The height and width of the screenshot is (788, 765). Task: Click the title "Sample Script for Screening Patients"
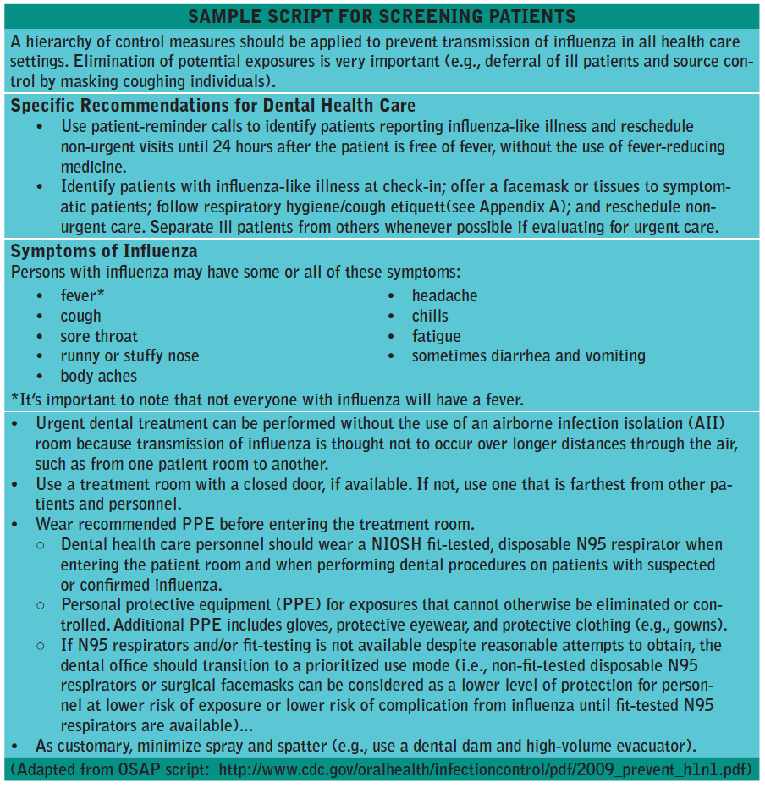tap(382, 16)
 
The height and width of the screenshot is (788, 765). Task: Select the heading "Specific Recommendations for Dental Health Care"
tap(213, 106)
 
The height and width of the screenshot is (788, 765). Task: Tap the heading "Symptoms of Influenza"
tap(104, 251)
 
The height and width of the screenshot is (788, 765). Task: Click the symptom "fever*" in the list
tap(84, 295)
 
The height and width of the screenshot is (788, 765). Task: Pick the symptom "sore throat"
tap(99, 336)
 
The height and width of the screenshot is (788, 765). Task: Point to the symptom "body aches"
tap(98, 376)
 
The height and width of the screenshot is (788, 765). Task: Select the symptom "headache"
tap(444, 295)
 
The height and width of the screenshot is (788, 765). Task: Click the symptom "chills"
tap(430, 316)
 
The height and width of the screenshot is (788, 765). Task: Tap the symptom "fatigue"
tap(436, 336)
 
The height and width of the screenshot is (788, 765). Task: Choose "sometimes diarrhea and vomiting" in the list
tap(528, 355)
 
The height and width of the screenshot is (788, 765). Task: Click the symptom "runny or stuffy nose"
tap(129, 355)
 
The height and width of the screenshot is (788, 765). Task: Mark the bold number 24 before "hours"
tap(223, 146)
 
